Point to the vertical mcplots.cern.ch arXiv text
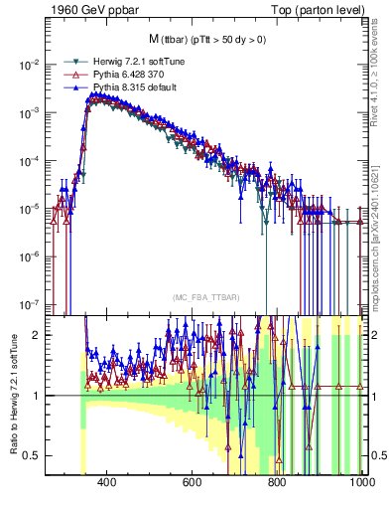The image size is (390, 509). tap(381, 229)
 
